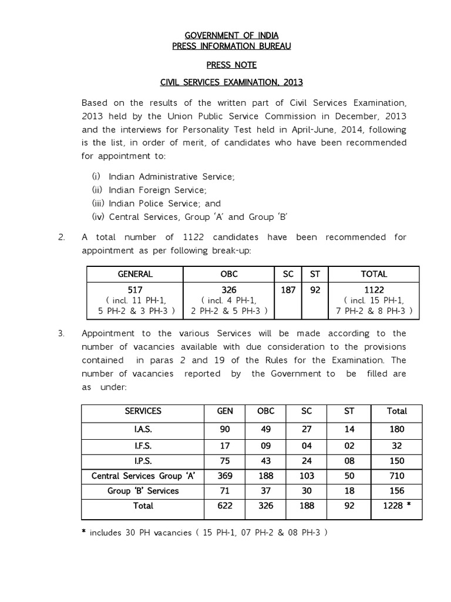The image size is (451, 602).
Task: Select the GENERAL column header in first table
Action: [x=135, y=274]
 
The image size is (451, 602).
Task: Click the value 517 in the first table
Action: [x=135, y=290]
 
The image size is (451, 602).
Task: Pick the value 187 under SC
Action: [x=287, y=290]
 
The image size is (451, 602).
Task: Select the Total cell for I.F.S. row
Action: [x=397, y=445]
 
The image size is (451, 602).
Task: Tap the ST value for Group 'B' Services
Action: [x=349, y=490]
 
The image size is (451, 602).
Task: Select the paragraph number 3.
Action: [x=60, y=333]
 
